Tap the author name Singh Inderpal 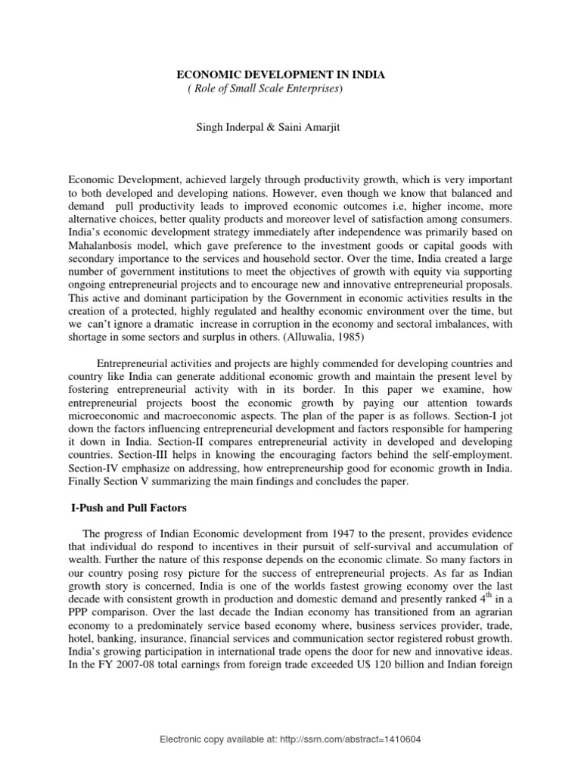(x=226, y=129)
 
